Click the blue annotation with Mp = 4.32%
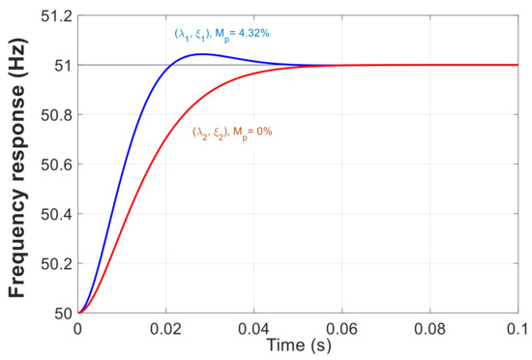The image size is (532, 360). [x=221, y=36]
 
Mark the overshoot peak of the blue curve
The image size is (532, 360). [x=201, y=54]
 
